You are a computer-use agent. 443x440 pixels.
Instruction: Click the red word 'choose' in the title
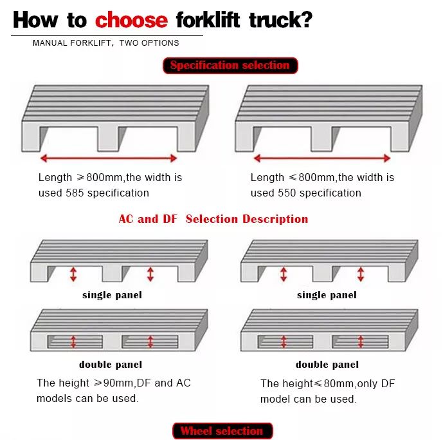[131, 20]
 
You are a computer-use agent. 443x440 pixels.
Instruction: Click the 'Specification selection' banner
[230, 66]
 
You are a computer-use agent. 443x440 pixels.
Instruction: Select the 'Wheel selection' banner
[222, 430]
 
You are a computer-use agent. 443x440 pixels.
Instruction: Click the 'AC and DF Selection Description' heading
[213, 219]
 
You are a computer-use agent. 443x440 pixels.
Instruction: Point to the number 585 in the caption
[75, 193]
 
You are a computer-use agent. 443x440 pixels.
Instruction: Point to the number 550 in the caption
[287, 193]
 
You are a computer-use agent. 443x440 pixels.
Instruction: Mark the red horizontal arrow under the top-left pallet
[109, 158]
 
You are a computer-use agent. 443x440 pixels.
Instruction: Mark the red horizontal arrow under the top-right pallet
[322, 158]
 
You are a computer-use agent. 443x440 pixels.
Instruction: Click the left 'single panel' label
[112, 295]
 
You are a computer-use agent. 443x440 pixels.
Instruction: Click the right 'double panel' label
[327, 365]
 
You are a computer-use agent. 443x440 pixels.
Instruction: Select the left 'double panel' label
[111, 365]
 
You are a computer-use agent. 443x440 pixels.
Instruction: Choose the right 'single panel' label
[327, 295]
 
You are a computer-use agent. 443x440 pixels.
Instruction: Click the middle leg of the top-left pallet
[109, 139]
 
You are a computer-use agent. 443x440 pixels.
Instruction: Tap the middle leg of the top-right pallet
[322, 139]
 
